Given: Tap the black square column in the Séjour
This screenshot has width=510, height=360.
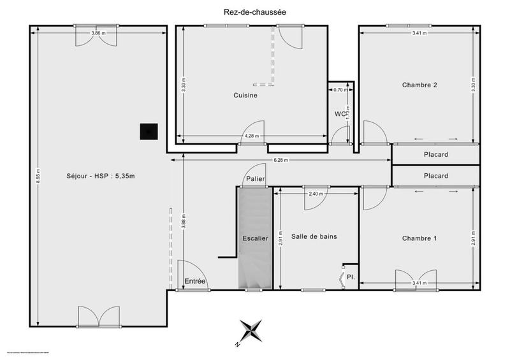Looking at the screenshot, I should click(x=149, y=131).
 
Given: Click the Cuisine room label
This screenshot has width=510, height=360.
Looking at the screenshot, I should click(x=245, y=96).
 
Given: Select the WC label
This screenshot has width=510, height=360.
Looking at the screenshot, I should click(x=340, y=114).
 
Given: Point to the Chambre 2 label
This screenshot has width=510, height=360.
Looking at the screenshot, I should click(x=419, y=85).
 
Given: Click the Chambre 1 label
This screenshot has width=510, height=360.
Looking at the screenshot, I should click(x=419, y=238).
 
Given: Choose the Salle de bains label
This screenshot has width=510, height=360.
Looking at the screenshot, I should click(x=314, y=236).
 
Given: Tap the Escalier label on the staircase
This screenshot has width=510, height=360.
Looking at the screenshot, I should click(x=255, y=238).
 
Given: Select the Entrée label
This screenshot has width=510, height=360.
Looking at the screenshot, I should click(x=195, y=281).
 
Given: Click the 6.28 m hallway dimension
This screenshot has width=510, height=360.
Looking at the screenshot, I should click(x=280, y=161).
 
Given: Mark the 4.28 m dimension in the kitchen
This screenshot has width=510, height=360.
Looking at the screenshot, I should click(x=251, y=136).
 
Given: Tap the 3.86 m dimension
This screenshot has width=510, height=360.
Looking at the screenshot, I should click(x=98, y=33).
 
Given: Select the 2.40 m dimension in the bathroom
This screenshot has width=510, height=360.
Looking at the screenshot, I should click(x=315, y=194).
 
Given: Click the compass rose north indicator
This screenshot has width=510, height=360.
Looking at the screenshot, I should click(x=250, y=331).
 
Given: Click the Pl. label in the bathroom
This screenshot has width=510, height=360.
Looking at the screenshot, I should click(x=350, y=277).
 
